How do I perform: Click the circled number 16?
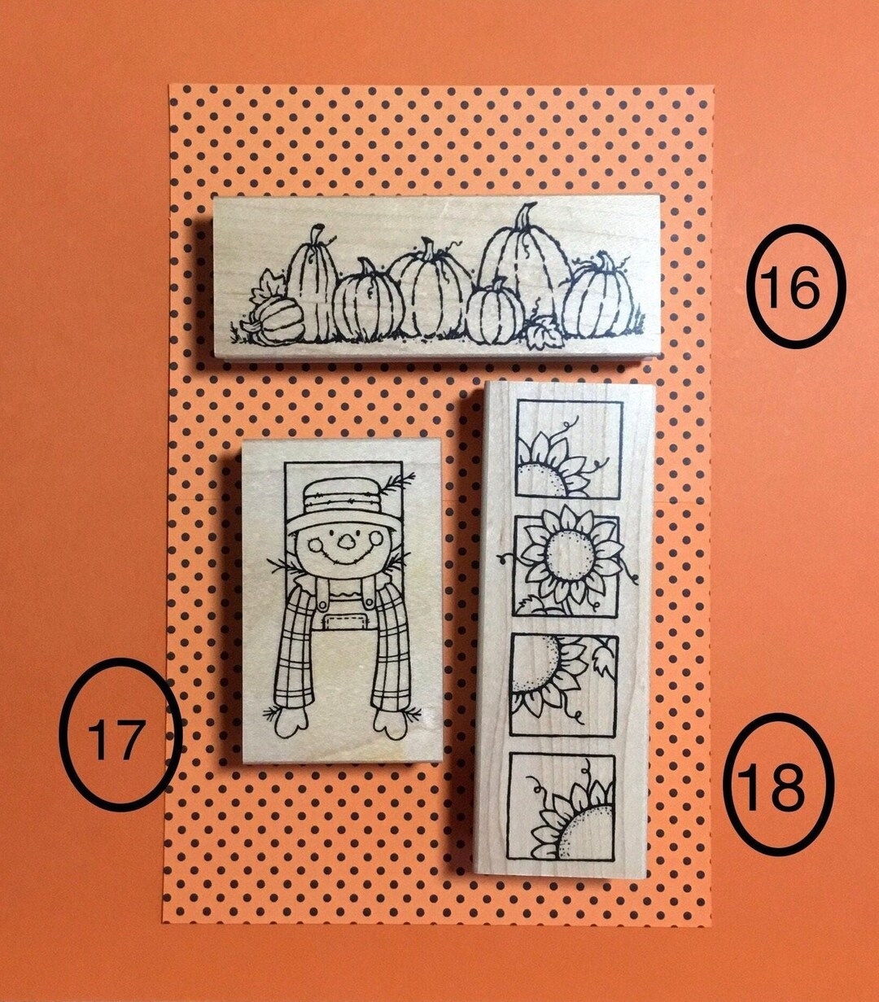pos(796,286)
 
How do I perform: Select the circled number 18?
pos(779,784)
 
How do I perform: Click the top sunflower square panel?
pos(569,449)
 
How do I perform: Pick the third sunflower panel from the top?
pos(563,685)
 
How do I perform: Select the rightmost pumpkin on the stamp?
pos(598,298)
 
